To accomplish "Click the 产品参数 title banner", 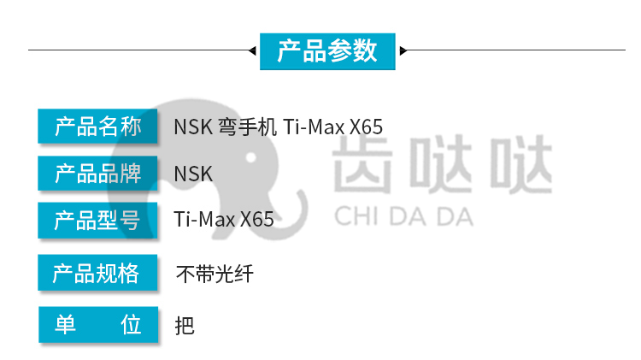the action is pos(327,51).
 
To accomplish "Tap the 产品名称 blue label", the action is pos(97,126).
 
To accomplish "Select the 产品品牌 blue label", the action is pos(97,173).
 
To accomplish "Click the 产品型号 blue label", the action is pos(97,220).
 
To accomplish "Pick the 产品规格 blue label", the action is pos(97,273).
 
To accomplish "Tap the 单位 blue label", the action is pos(98,324).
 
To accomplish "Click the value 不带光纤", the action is pos(215,274).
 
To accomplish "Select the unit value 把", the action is pos(185,326).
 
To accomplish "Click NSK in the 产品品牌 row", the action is pos(193,174).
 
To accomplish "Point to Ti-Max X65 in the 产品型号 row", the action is pos(224,219).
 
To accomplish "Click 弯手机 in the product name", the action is pos(247,127).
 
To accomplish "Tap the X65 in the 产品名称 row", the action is pos(366,127).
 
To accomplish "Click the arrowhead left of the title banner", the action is pos(252,50).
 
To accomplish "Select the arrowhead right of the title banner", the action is pos(403,50).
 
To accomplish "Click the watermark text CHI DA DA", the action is pos(404,217).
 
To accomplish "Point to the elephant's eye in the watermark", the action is pos(251,157).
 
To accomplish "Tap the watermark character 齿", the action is pos(363,164).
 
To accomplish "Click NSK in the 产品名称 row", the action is pos(193,127).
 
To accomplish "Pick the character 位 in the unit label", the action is pos(131,324).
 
